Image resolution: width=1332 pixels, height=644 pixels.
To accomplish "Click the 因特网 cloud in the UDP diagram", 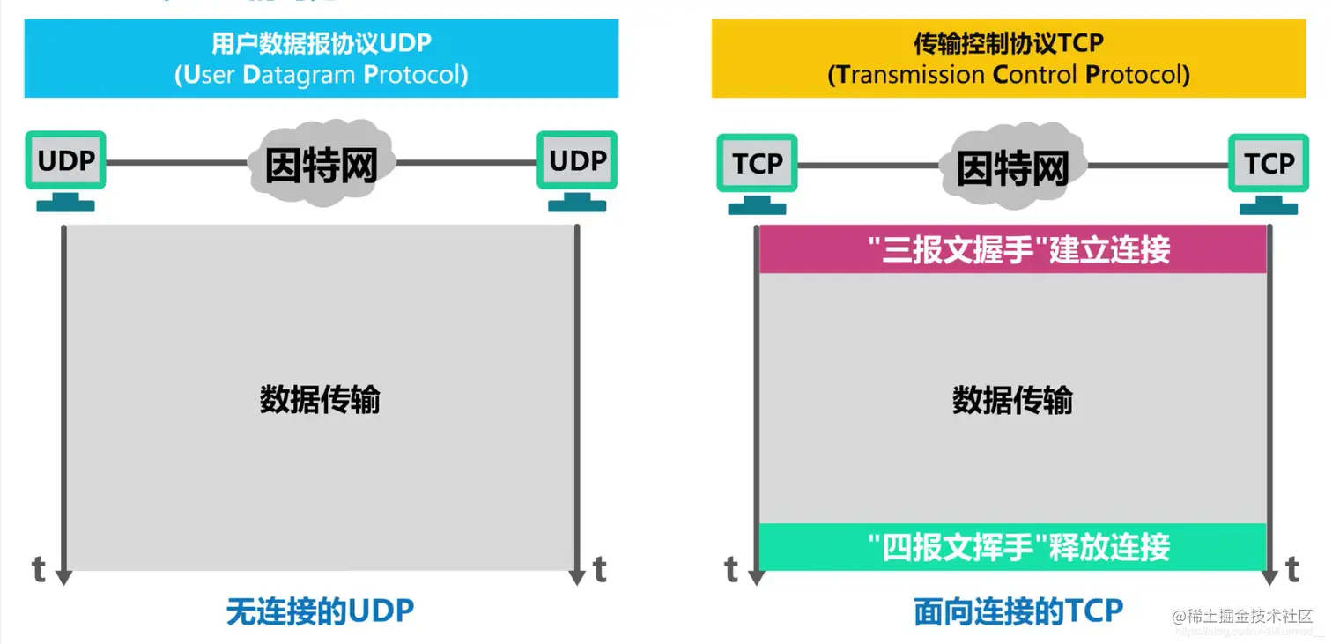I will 321,164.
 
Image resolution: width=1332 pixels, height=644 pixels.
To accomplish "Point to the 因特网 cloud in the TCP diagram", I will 1012,166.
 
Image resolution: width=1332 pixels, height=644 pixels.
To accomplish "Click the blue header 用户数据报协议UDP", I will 321,43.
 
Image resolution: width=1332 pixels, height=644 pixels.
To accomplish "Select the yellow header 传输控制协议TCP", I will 1008,43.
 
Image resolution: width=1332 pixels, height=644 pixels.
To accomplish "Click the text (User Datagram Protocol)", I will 321,75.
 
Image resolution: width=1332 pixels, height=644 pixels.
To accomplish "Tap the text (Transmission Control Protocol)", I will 1008,75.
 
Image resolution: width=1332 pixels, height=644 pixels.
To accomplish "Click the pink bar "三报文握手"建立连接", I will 1012,249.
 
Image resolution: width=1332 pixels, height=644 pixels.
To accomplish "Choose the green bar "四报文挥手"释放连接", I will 1012,547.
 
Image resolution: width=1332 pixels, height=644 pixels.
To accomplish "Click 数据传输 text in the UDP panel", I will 320,400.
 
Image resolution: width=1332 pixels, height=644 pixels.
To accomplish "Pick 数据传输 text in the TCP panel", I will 1012,400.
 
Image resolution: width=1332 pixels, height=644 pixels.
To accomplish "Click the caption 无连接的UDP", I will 320,611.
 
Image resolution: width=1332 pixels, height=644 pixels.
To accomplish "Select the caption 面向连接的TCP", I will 1018,611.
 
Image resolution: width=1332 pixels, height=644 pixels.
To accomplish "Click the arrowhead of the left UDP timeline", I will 63,576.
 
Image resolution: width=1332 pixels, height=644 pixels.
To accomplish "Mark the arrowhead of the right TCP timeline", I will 1269,577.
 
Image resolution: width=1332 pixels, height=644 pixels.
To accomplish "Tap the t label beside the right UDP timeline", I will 600,570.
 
